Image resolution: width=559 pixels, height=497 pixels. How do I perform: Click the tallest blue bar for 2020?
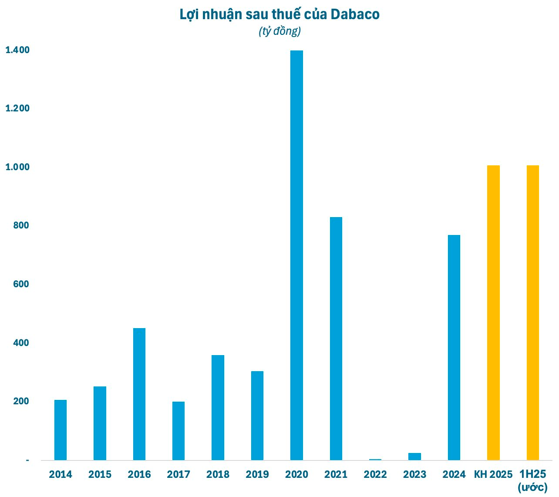coord(296,255)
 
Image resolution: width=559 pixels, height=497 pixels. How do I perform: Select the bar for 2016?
coord(139,394)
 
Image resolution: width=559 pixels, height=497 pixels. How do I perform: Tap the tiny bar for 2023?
coord(414,457)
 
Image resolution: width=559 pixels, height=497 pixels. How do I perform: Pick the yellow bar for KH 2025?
coord(493,312)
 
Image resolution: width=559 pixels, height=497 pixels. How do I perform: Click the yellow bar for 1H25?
coord(533,312)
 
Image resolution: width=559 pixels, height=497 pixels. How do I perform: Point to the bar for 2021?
coord(336,338)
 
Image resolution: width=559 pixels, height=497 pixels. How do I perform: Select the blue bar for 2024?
coord(454,347)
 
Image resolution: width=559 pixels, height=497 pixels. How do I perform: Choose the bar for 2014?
coord(61,430)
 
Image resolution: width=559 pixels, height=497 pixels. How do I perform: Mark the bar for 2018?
coord(218,407)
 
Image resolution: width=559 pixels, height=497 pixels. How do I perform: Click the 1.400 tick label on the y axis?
coord(17,50)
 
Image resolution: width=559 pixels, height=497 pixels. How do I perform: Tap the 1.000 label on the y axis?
coord(17,167)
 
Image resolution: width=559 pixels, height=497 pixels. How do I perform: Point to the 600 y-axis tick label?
coord(21,284)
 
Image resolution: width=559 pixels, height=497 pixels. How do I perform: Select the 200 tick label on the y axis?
coord(21,401)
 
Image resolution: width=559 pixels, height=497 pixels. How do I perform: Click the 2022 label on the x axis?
coord(375,474)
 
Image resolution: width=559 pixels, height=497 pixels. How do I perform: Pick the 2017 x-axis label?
coord(178,474)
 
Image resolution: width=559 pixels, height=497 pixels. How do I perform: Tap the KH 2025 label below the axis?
coord(493,474)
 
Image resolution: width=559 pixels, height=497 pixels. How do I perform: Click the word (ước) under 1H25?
coord(532,487)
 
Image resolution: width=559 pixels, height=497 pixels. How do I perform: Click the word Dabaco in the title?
coord(355,14)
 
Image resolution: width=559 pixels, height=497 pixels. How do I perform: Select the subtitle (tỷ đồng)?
coord(279,31)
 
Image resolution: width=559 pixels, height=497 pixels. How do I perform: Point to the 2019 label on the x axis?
coord(257,474)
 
